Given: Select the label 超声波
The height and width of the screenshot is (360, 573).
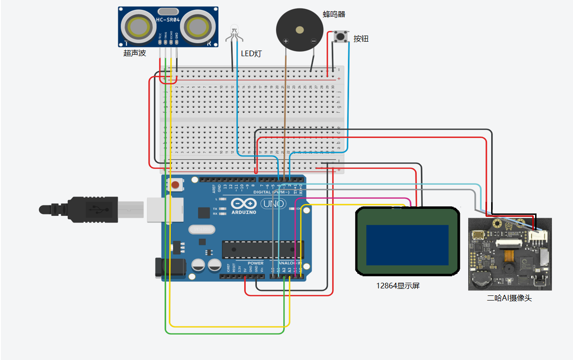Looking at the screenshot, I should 135,53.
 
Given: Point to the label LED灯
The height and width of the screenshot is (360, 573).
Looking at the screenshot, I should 251,54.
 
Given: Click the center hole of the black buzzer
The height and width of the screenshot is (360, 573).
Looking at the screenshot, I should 299,30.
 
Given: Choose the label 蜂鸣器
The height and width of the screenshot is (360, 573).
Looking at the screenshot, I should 334,15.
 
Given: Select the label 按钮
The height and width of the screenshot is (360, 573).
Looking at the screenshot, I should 361,39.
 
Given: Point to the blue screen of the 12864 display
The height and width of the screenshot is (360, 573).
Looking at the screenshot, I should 407,245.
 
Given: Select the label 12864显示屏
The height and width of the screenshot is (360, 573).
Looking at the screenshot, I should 398,286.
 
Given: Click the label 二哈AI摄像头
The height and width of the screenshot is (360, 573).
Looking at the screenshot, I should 509,298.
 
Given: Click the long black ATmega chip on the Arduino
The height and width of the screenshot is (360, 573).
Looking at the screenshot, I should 262,250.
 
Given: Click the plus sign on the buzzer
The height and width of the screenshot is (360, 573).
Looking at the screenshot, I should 286,41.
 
